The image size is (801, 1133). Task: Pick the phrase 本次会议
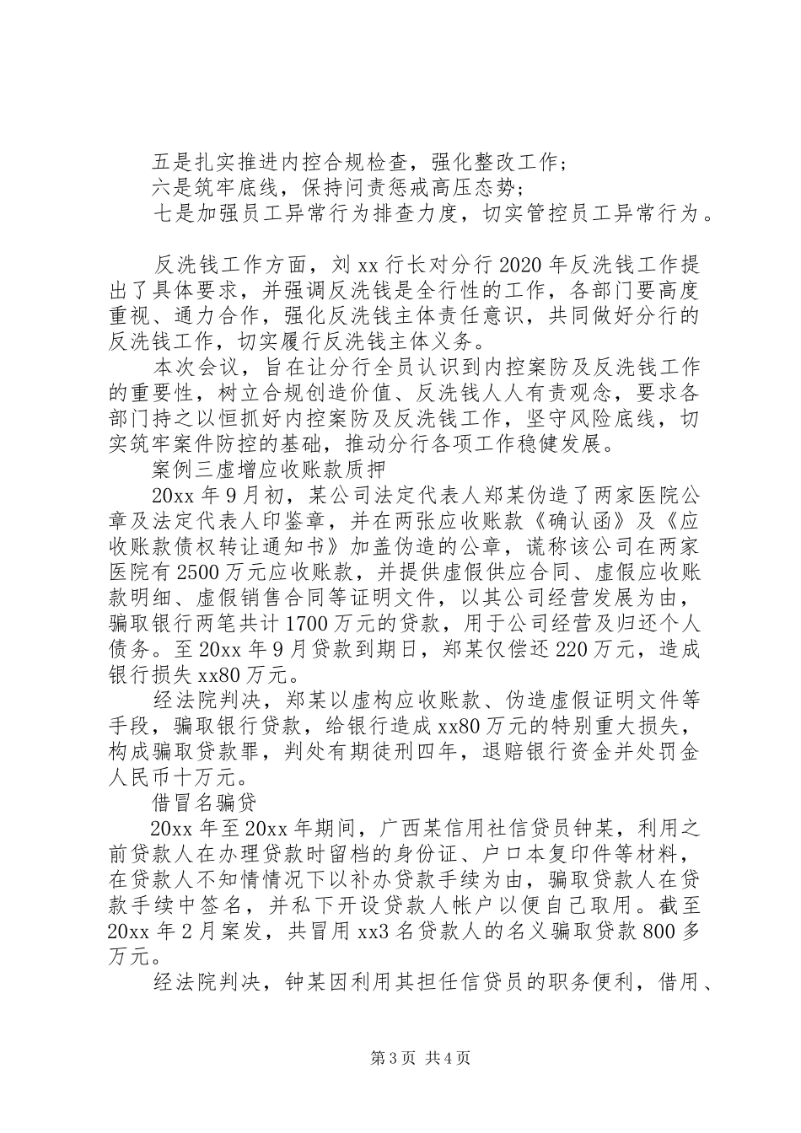tap(196, 369)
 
